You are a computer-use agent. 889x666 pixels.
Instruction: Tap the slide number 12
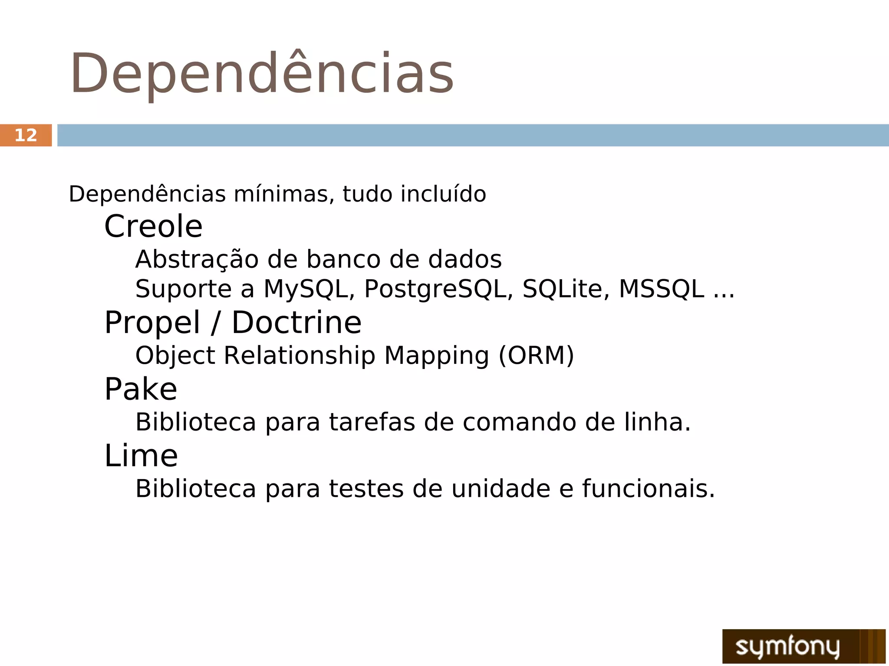coord(26,135)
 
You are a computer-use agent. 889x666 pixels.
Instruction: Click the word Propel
coord(152,323)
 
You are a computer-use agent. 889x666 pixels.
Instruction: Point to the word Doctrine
coord(296,323)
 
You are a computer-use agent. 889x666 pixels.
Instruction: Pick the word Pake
coord(141,389)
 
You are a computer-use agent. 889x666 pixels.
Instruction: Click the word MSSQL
coord(661,289)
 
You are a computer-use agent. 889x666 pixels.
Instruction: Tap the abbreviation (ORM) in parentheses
coord(536,356)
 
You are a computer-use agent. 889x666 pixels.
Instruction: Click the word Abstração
coord(197,260)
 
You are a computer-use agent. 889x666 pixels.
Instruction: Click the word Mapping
coord(437,356)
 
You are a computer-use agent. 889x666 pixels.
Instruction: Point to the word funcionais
coord(648,489)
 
